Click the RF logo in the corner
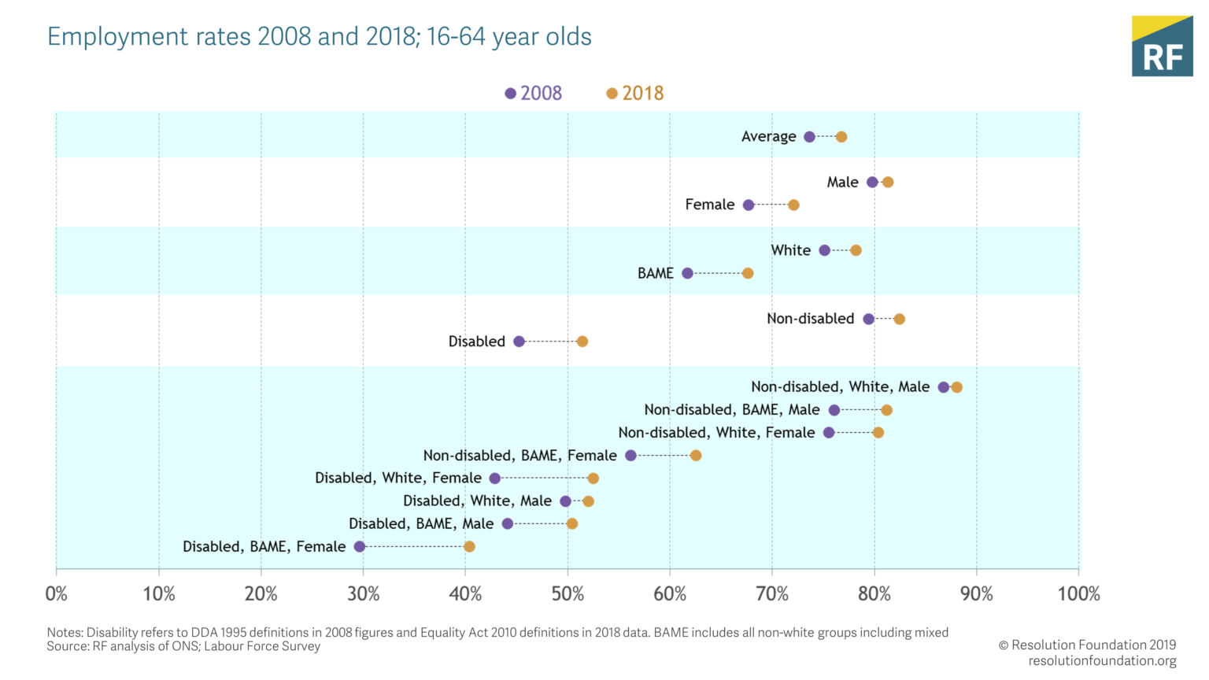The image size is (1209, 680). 1162,46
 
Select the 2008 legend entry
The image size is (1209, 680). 534,94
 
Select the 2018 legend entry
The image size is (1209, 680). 635,94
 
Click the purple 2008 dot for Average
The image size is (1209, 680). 809,137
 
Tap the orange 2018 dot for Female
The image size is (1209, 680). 793,205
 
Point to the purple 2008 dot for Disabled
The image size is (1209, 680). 519,342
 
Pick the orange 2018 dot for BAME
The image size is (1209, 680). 748,273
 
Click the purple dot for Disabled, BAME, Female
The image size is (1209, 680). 360,547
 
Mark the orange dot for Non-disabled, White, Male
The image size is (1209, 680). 956,387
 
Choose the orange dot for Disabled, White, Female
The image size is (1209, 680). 593,479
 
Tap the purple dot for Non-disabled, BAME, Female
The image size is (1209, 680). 630,456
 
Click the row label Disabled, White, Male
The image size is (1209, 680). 477,501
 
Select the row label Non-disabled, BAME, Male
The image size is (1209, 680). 731,410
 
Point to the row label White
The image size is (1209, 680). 790,250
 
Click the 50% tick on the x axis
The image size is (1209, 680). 568,594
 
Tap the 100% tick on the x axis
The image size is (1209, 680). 1078,594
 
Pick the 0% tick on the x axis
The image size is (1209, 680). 57,594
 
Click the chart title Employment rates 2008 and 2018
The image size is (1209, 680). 319,37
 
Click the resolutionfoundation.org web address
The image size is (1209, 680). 1102,661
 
